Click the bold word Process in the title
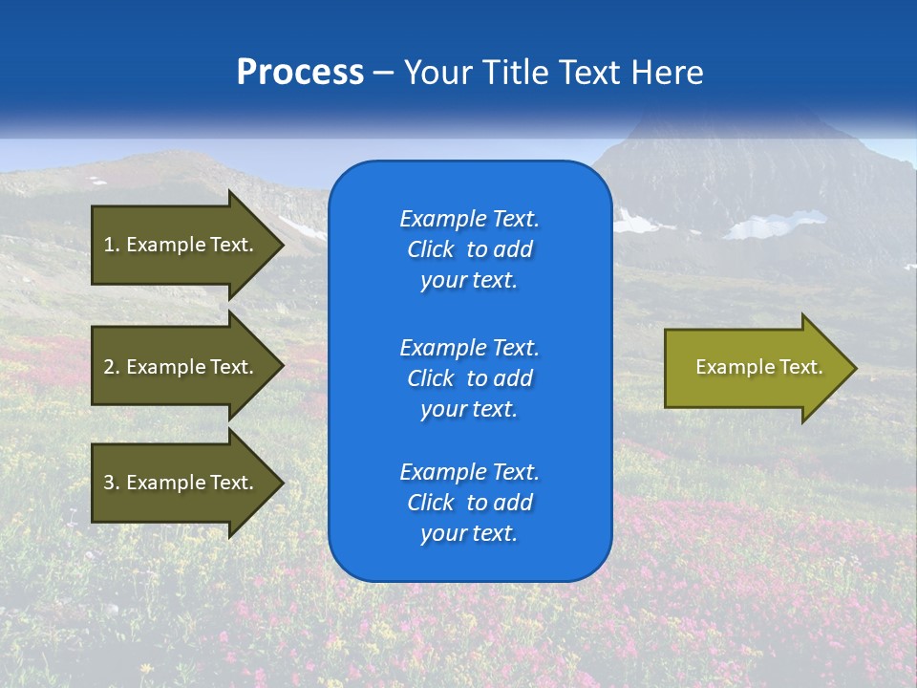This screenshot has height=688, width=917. click(x=300, y=73)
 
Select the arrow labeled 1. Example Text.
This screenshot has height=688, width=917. click(x=179, y=245)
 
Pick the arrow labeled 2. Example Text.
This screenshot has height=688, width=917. click(x=179, y=367)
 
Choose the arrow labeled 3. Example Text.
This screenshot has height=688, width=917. click(x=179, y=483)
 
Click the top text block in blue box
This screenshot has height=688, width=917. click(x=469, y=249)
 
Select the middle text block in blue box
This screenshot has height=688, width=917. click(x=469, y=378)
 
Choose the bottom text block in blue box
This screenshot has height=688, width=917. click(x=469, y=503)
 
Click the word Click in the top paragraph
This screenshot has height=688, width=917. click(x=431, y=250)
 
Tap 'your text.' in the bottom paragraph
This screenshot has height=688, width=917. click(x=469, y=534)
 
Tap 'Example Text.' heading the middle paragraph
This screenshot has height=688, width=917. click(x=469, y=347)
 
